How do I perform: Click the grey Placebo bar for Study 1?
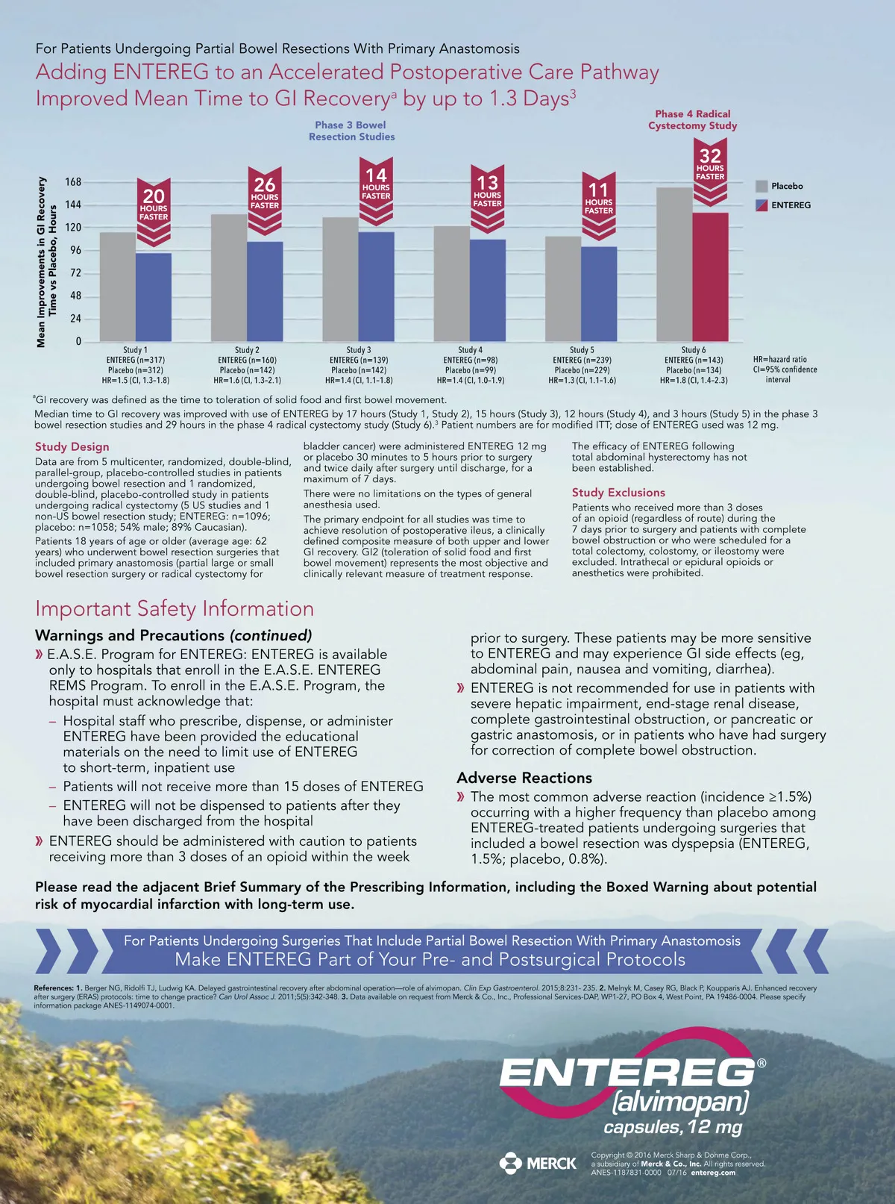click(118, 287)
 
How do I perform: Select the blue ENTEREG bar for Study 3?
click(377, 287)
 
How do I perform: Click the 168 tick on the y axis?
click(73, 182)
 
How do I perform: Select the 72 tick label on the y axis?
click(75, 273)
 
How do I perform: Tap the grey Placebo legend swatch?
click(761, 187)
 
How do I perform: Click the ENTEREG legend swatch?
click(761, 205)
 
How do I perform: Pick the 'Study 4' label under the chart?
click(470, 349)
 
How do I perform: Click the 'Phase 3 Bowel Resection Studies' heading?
click(351, 131)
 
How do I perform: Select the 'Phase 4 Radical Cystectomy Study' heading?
click(692, 119)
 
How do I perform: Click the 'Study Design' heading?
click(72, 446)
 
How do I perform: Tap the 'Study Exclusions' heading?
click(618, 493)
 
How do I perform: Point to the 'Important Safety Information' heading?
click(175, 608)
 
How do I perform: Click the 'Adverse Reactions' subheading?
click(524, 778)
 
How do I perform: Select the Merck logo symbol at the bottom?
click(511, 1163)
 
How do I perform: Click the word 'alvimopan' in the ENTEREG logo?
click(679, 1101)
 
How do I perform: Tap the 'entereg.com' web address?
click(713, 1173)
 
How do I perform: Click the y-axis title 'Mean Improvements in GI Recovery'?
click(42, 261)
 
